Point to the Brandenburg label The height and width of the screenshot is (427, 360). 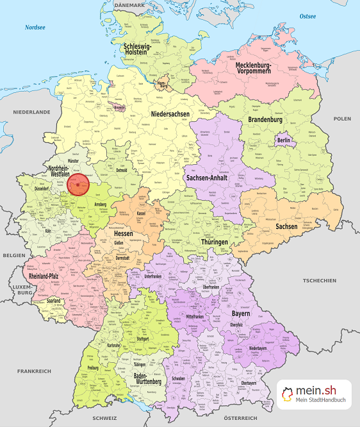(x=265, y=120)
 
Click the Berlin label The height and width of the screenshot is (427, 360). (x=283, y=140)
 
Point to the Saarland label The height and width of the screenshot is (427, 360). (x=54, y=300)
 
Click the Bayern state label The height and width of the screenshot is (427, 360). (x=242, y=315)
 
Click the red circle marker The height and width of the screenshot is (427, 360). (x=78, y=185)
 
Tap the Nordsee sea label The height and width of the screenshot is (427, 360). (x=35, y=28)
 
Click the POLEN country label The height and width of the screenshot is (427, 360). (x=342, y=119)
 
